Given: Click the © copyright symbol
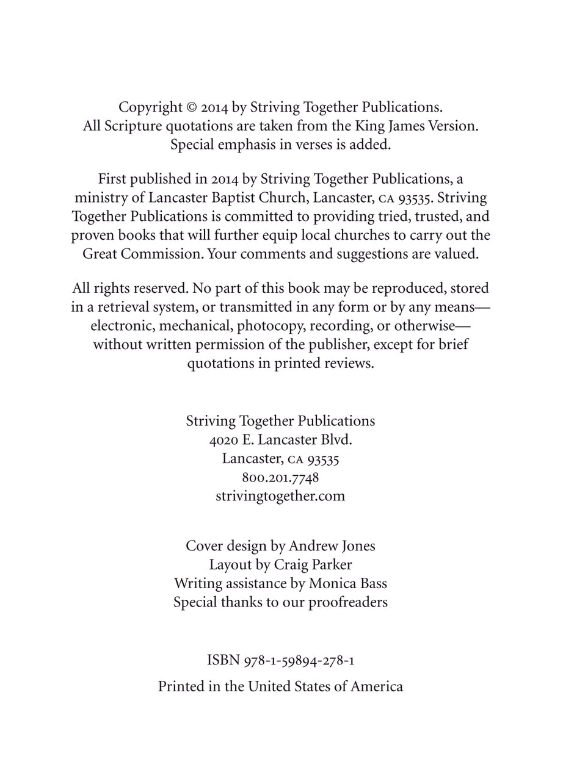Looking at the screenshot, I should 191,107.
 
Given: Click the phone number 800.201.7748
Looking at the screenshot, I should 280,477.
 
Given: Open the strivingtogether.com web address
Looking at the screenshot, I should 280,496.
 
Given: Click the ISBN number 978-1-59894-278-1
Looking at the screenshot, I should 299,660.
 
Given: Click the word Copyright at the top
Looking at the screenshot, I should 150,107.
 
